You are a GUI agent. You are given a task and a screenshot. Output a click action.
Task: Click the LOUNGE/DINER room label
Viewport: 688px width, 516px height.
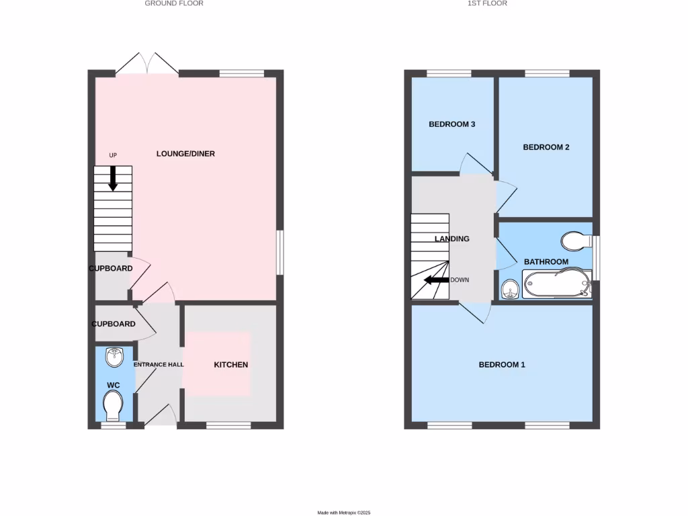point(185,154)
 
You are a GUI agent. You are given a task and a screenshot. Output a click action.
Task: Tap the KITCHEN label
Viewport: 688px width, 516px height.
point(231,365)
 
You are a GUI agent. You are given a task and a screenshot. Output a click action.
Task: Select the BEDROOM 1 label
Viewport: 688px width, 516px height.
point(502,365)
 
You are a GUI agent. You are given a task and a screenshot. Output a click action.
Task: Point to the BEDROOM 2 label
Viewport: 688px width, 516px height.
point(546,147)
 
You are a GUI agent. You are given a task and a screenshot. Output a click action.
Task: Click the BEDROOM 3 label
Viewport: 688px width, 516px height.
point(452,124)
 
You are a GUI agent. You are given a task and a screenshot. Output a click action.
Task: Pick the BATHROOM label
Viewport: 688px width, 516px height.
point(546,262)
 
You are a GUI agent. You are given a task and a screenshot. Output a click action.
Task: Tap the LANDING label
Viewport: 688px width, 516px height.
point(451,239)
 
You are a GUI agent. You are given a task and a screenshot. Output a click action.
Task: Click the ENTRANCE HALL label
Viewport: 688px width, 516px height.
point(159,365)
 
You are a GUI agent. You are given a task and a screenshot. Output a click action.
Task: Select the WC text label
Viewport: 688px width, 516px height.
point(114,385)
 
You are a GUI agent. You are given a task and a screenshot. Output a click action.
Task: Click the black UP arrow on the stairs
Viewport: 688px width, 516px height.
point(113,177)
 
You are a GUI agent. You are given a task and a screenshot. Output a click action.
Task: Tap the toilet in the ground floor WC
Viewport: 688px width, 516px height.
point(114,405)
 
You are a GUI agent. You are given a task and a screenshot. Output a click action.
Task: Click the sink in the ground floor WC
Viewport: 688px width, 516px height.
point(115,357)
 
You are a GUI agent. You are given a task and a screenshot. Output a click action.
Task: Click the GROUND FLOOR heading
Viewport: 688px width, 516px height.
point(174,3)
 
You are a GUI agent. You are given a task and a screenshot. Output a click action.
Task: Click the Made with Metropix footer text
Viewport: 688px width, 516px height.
point(344,513)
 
